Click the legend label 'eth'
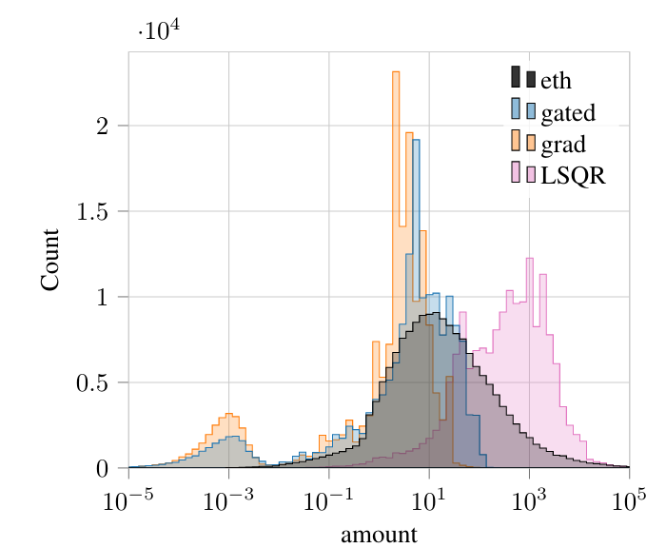click(556, 80)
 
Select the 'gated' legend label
click(568, 112)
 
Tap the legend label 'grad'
click(563, 145)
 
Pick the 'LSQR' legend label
click(573, 175)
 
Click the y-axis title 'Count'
click(50, 260)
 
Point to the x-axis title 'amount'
click(379, 535)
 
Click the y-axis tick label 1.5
click(92, 211)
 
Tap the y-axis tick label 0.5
click(92, 382)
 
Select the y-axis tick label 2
click(103, 126)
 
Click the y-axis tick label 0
click(103, 469)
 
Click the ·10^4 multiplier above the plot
click(159, 30)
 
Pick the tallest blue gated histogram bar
click(417, 303)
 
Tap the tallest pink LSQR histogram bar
click(530, 362)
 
